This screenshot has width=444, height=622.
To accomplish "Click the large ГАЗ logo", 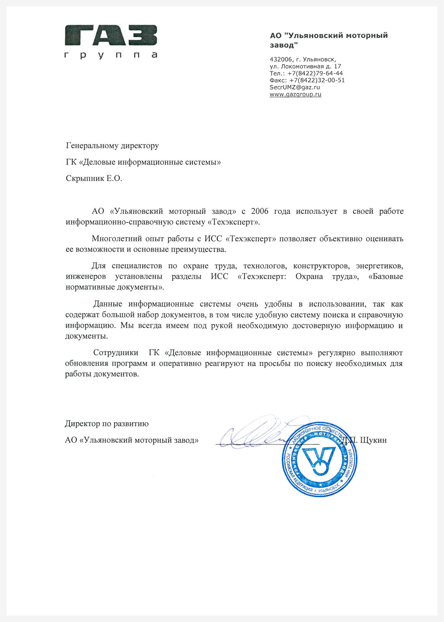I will pyautogui.click(x=111, y=35).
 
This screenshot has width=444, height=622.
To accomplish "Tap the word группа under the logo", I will pyautogui.click(x=111, y=55).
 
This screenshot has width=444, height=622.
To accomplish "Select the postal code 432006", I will pyautogui.click(x=281, y=59).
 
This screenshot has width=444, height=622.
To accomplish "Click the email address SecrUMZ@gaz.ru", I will pyautogui.click(x=295, y=87).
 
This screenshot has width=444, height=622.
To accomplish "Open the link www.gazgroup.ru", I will pyautogui.click(x=295, y=94).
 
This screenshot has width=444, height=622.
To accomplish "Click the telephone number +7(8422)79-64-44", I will pyautogui.click(x=315, y=73).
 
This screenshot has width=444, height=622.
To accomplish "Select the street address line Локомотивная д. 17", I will pyautogui.click(x=311, y=66).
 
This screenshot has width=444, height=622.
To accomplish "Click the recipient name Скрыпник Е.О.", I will pyautogui.click(x=94, y=179).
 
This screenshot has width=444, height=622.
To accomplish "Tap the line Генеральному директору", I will pyautogui.click(x=112, y=146).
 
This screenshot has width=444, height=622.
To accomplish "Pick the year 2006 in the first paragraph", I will pyautogui.click(x=260, y=212).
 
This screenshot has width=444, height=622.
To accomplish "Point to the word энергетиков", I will pyautogui.click(x=380, y=266).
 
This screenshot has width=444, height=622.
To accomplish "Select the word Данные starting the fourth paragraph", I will pyautogui.click(x=108, y=304).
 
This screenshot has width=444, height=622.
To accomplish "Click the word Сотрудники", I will pyautogui.click(x=115, y=353).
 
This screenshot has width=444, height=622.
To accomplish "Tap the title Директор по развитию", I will pyautogui.click(x=107, y=424).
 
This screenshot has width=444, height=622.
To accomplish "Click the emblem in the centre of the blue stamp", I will pyautogui.click(x=319, y=460).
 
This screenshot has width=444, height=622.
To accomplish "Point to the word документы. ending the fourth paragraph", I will pyautogui.click(x=87, y=336).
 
